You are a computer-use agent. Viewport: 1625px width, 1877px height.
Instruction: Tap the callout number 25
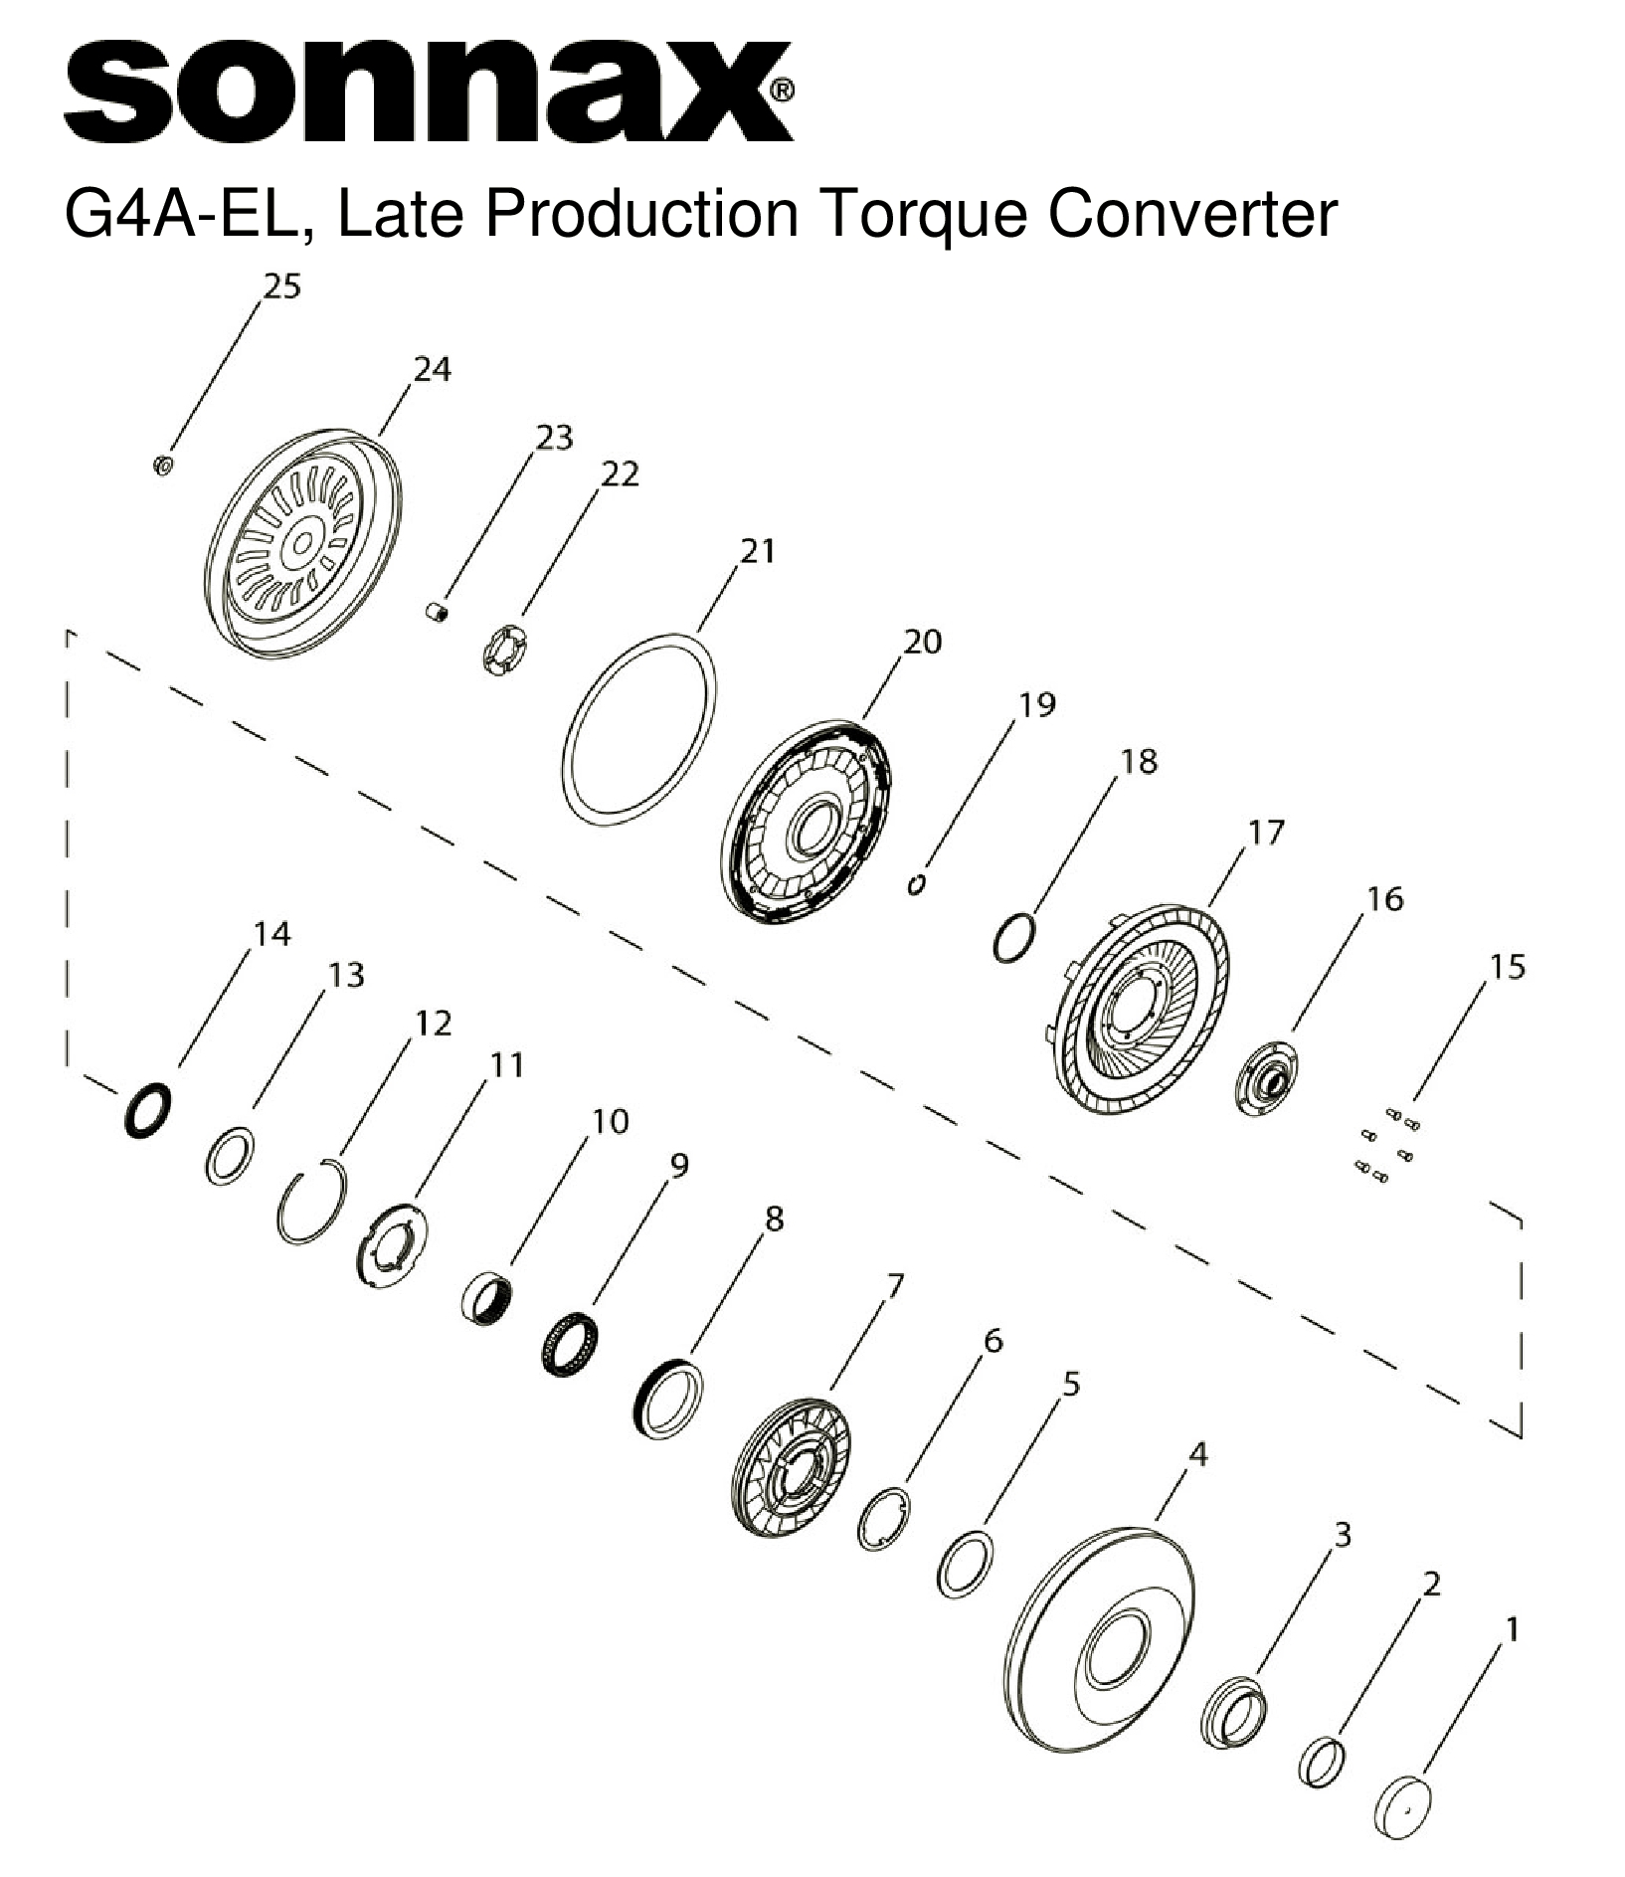(280, 286)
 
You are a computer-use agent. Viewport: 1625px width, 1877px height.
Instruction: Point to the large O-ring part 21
(639, 727)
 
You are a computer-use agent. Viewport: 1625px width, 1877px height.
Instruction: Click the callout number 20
(921, 642)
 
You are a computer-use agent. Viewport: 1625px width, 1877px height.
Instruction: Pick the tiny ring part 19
(919, 883)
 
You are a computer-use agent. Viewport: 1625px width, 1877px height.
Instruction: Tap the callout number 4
(1197, 1453)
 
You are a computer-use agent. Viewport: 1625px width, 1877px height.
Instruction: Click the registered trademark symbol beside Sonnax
(783, 91)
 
